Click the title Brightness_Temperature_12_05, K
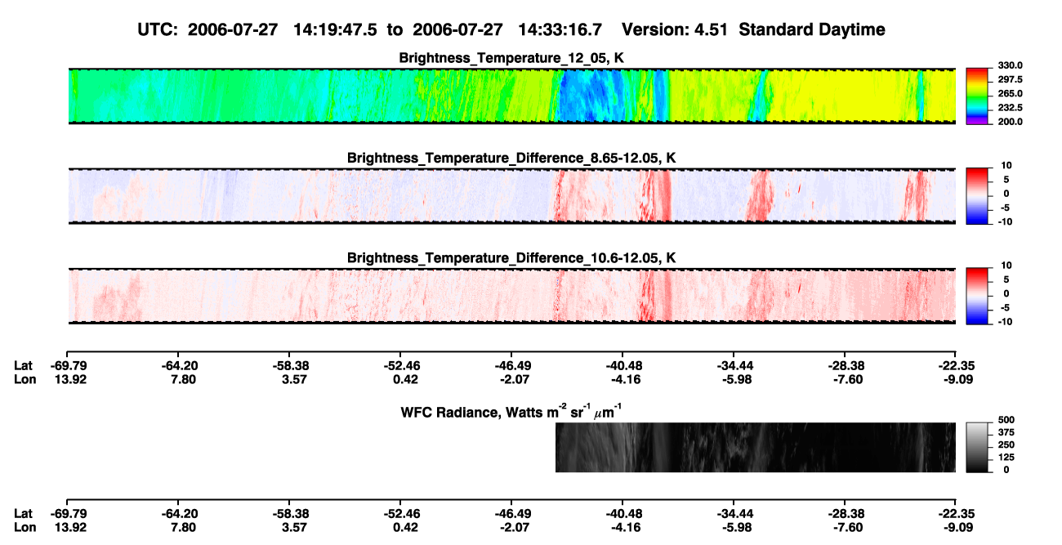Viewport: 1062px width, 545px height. (511, 58)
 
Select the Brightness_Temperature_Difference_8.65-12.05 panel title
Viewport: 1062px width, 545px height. (511, 158)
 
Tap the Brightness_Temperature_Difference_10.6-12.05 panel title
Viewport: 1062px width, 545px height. (511, 258)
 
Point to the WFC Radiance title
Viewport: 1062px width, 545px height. (511, 412)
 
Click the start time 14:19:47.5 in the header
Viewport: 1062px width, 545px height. (335, 30)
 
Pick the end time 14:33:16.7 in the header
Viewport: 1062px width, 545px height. (560, 30)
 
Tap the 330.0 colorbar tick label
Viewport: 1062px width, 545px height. (1010, 65)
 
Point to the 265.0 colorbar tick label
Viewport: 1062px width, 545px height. (1010, 93)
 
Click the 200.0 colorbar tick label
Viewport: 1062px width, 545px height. (1010, 122)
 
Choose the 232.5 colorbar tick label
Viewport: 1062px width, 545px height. (1010, 108)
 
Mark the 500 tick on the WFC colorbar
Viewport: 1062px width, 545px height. (1006, 420)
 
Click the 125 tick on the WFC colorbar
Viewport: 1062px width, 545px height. (1006, 458)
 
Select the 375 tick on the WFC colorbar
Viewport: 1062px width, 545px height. (1006, 432)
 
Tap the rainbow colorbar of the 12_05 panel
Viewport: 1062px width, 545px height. (977, 96)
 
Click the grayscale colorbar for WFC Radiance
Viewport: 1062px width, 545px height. (977, 447)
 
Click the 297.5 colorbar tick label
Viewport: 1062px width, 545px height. (1010, 80)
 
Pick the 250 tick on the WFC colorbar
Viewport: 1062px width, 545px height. (1006, 445)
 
